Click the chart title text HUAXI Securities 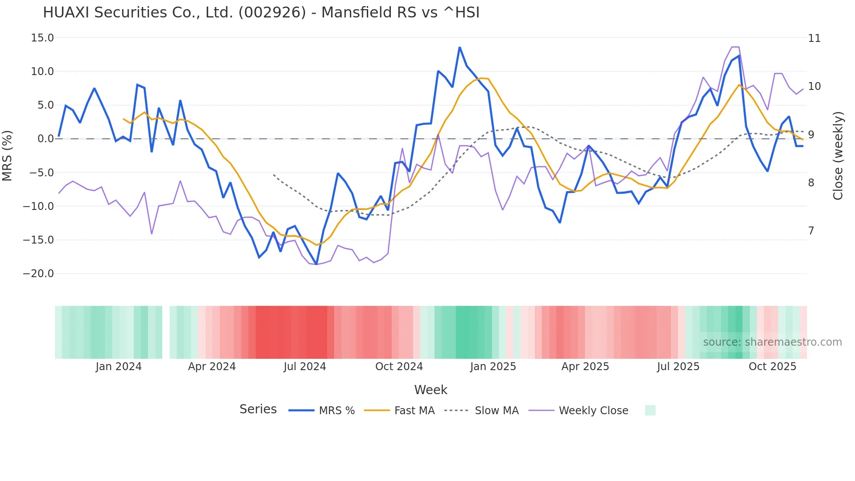pyautogui.click(x=261, y=13)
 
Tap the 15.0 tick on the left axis pyautogui.click(x=42, y=38)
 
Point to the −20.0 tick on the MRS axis pyautogui.click(x=38, y=274)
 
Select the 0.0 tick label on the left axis pyautogui.click(x=45, y=139)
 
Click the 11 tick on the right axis pyautogui.click(x=814, y=38)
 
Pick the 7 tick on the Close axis pyautogui.click(x=811, y=230)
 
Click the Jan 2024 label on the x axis pyautogui.click(x=119, y=367)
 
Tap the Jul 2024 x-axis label pyautogui.click(x=304, y=367)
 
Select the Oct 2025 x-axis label pyautogui.click(x=772, y=367)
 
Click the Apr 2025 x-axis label pyautogui.click(x=585, y=367)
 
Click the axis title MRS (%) pyautogui.click(x=7, y=155)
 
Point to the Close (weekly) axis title pyautogui.click(x=838, y=156)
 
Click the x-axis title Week pyautogui.click(x=431, y=390)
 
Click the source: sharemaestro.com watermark pyautogui.click(x=772, y=342)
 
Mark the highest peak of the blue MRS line pyautogui.click(x=460, y=47)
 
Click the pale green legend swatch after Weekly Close pyautogui.click(x=650, y=410)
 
